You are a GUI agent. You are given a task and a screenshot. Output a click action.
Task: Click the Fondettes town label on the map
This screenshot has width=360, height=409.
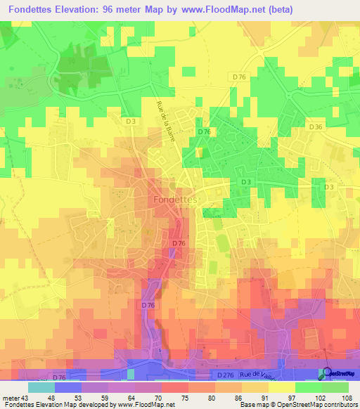176,200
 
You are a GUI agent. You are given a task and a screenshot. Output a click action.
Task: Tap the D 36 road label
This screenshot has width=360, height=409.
315,126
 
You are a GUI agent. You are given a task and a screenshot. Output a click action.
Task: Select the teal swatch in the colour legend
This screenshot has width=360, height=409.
41,387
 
